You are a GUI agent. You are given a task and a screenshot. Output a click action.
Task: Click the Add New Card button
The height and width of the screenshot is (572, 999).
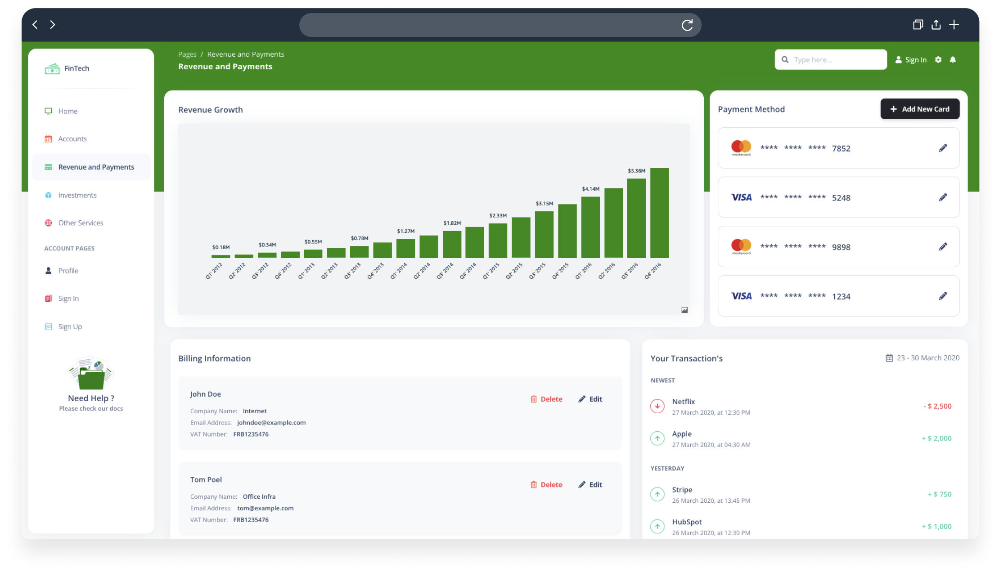919,109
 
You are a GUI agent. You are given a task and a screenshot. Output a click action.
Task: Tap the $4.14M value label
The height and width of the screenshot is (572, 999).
590,189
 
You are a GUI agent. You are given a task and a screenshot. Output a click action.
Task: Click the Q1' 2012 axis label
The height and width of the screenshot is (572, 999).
214,271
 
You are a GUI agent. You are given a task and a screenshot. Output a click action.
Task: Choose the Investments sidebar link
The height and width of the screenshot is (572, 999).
77,195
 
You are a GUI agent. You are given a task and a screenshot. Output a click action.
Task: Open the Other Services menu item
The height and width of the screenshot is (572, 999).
81,223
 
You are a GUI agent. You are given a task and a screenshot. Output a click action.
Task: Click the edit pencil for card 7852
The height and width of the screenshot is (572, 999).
943,148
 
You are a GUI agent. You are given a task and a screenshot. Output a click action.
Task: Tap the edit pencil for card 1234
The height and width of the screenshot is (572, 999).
943,296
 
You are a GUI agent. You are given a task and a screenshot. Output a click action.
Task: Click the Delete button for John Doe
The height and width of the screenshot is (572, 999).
546,399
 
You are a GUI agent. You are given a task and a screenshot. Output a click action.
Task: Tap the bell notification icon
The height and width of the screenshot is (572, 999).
953,60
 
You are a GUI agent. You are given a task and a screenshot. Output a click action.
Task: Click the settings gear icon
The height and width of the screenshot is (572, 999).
938,60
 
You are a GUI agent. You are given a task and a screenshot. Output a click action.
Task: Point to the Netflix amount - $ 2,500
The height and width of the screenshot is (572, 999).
937,407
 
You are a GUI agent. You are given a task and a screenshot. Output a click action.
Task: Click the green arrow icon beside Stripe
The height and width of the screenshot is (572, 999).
657,494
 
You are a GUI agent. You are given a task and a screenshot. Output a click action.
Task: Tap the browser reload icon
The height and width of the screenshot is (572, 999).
687,25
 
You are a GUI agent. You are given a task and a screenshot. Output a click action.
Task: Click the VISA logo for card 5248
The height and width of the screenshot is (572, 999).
741,197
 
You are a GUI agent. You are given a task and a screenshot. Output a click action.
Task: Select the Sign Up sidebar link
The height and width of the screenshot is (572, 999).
70,327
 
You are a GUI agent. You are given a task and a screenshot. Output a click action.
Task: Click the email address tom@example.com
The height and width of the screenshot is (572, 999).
265,508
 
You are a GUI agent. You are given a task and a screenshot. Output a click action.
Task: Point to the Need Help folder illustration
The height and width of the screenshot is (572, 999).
91,374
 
